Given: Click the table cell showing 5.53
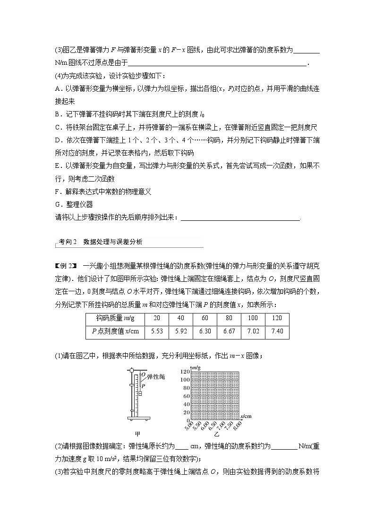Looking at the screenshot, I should pyautogui.click(x=156, y=331).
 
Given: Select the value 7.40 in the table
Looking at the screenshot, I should pyautogui.click(x=277, y=331).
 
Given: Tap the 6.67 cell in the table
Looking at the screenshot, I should pyautogui.click(x=229, y=331).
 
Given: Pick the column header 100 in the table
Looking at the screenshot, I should pyautogui.click(x=253, y=318).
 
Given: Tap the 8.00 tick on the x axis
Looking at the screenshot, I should pyautogui.click(x=236, y=425).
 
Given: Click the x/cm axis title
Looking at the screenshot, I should pyautogui.click(x=246, y=416).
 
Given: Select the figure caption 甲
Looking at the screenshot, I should pyautogui.click(x=138, y=434).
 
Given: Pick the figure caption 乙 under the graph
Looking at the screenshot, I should pyautogui.click(x=217, y=433).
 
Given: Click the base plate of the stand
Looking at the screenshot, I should pyautogui.click(x=139, y=418).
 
